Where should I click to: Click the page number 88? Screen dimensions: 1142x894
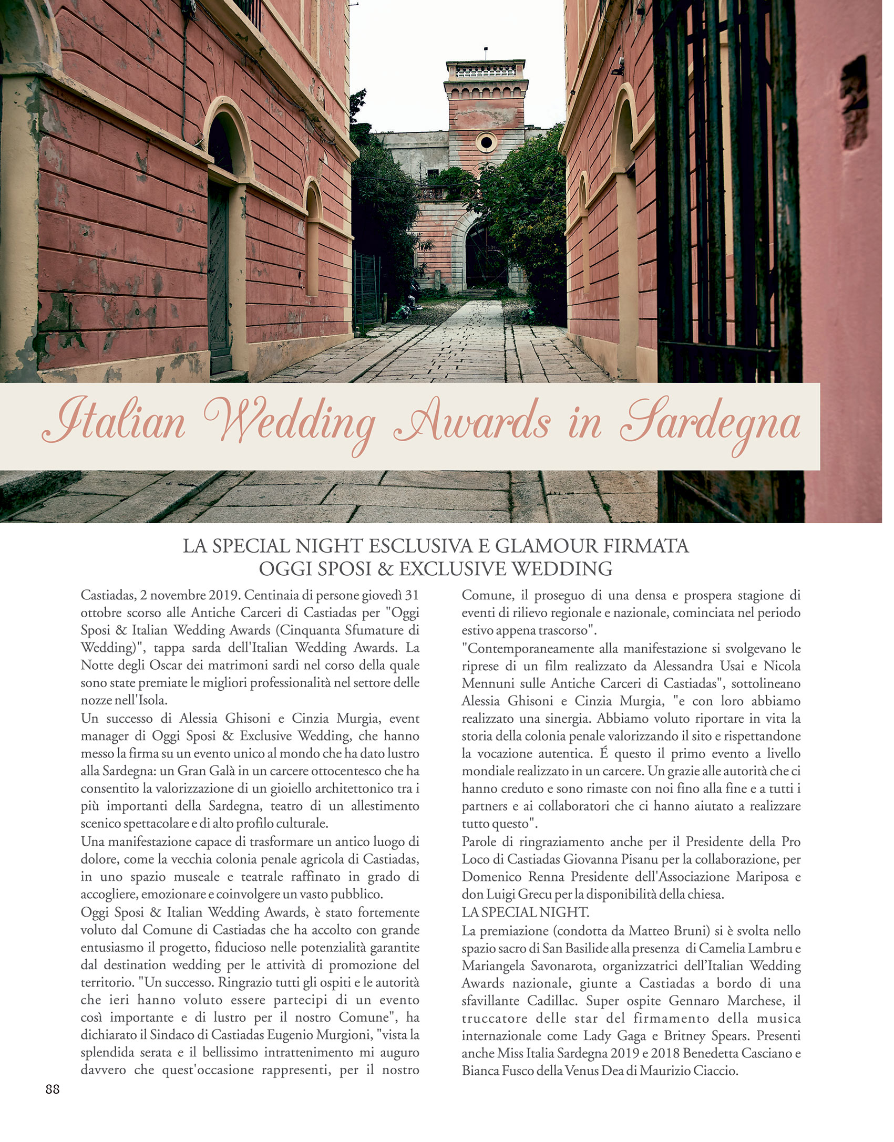point(53,1089)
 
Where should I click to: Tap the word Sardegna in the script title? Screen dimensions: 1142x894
point(710,423)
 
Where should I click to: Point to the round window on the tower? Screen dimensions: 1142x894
point(486,142)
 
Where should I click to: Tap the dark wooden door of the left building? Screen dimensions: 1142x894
point(218,273)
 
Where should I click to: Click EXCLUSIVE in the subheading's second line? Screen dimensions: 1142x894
point(453,569)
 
